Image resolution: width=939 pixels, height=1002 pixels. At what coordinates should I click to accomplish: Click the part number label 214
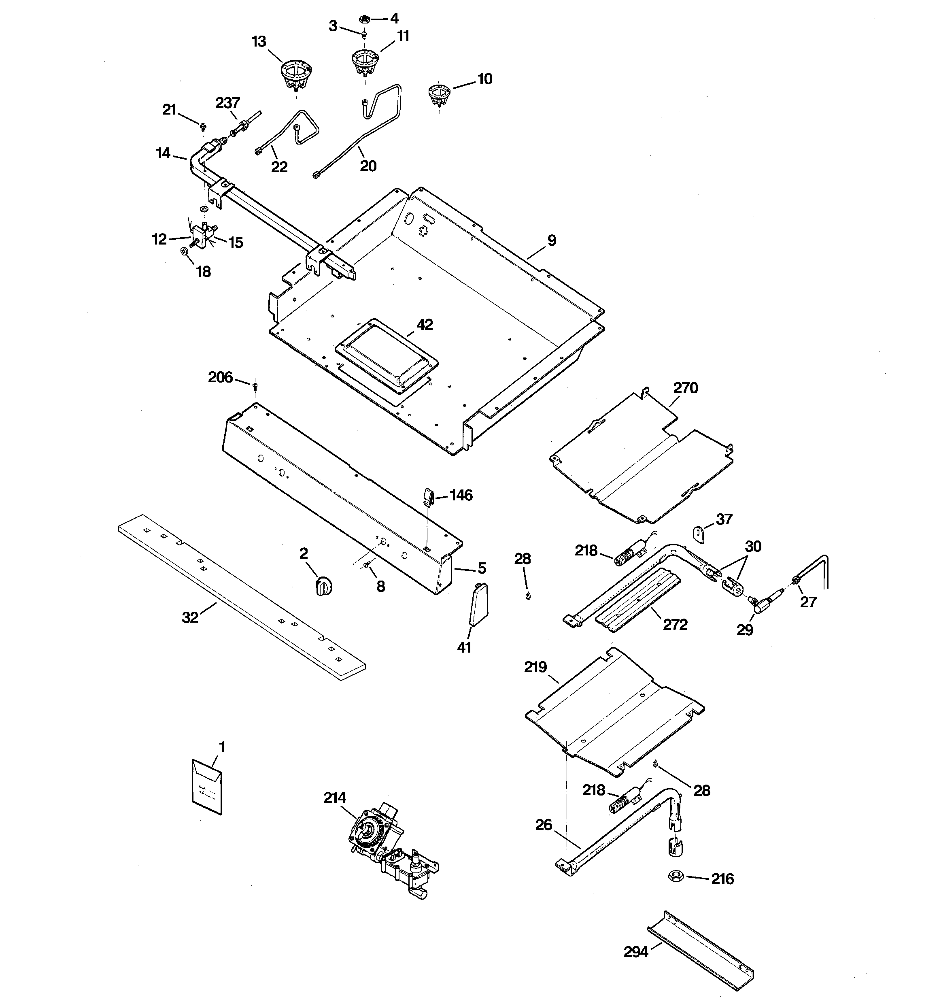(335, 798)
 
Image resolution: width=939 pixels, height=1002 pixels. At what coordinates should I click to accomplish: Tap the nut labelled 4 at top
(363, 19)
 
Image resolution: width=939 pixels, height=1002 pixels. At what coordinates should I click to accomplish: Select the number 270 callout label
(686, 388)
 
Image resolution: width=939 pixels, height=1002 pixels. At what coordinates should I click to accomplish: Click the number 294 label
(635, 952)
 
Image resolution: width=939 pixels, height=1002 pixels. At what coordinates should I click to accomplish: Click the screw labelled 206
(255, 387)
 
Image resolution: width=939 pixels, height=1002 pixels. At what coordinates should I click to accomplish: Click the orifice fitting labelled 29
(763, 602)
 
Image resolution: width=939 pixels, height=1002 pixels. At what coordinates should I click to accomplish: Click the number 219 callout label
(535, 667)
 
